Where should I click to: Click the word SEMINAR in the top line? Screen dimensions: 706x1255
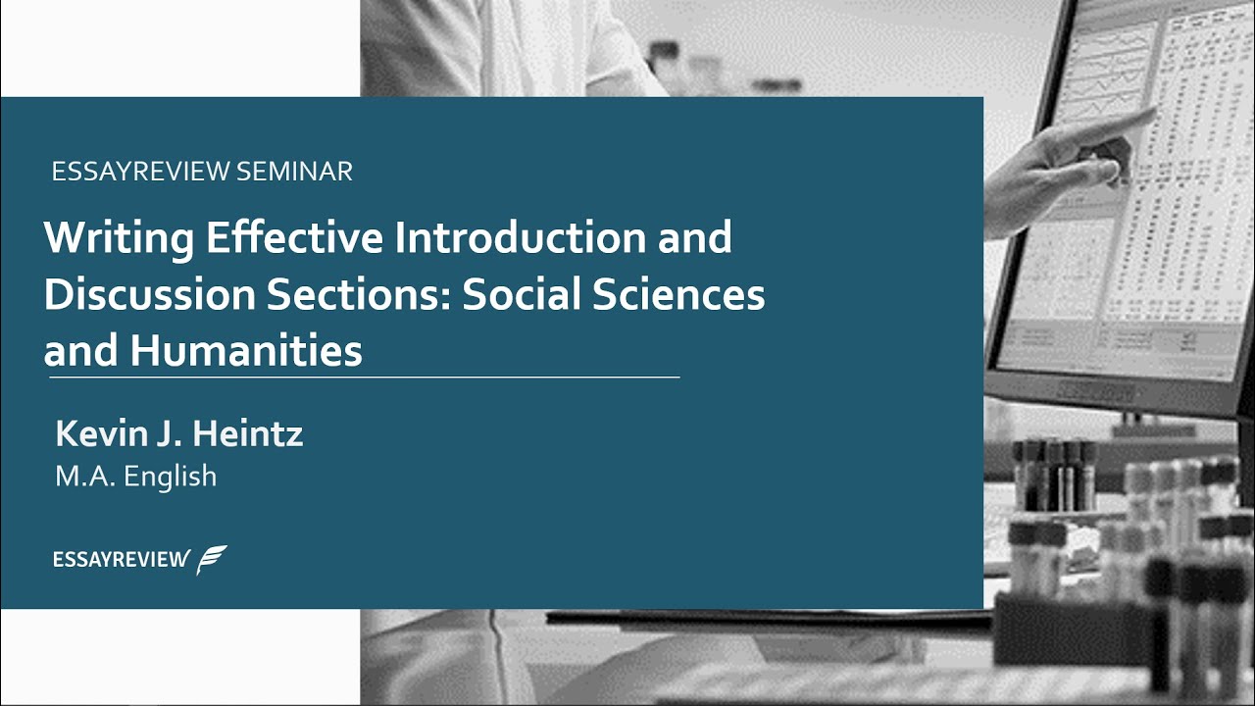tap(294, 172)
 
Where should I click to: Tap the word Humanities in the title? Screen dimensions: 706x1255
tap(245, 351)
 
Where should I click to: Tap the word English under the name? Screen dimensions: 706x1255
tap(170, 477)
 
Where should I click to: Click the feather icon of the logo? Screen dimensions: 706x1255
tap(212, 559)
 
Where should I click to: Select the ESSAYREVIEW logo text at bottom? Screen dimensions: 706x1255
tap(121, 560)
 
